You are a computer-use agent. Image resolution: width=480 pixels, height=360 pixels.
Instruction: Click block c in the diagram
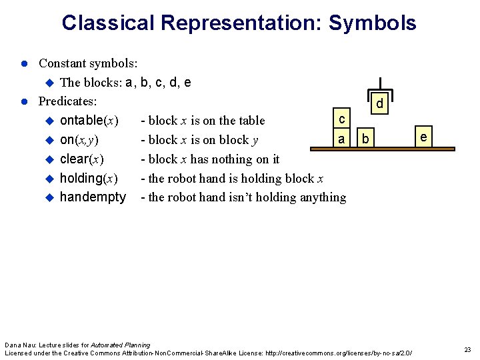coord(341,120)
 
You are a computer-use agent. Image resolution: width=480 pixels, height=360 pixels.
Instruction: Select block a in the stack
coord(341,139)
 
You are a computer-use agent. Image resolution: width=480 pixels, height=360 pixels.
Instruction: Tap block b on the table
coord(365,139)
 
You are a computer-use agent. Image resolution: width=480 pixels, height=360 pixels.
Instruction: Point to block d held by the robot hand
coord(379,104)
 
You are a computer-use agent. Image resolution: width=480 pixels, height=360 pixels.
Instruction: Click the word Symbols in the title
coord(373,23)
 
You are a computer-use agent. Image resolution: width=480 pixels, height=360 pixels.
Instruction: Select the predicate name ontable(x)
coord(89,121)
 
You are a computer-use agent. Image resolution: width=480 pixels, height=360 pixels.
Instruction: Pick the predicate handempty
coord(93,197)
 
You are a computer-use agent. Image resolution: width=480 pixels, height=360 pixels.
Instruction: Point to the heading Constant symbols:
coord(88,63)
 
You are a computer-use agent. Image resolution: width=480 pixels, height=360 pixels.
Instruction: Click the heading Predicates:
coord(68,101)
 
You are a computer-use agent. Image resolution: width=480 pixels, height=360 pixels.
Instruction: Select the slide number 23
coord(467,350)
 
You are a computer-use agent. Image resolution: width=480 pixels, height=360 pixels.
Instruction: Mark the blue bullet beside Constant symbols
coord(23,63)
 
